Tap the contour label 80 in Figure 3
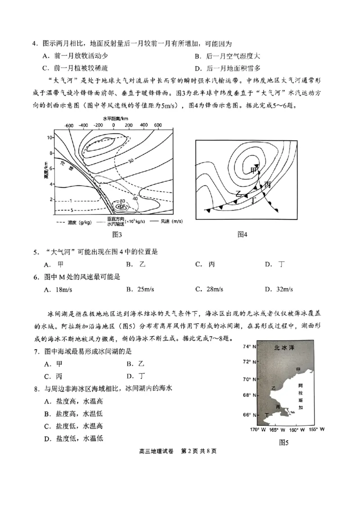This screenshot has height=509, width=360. [122, 201]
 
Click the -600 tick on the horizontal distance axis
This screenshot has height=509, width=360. [69, 125]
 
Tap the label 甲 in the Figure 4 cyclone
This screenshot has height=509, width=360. [253, 170]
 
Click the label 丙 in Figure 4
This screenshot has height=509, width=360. [268, 184]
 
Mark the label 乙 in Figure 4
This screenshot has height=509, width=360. [240, 193]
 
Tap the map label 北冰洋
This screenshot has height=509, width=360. [285, 348]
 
